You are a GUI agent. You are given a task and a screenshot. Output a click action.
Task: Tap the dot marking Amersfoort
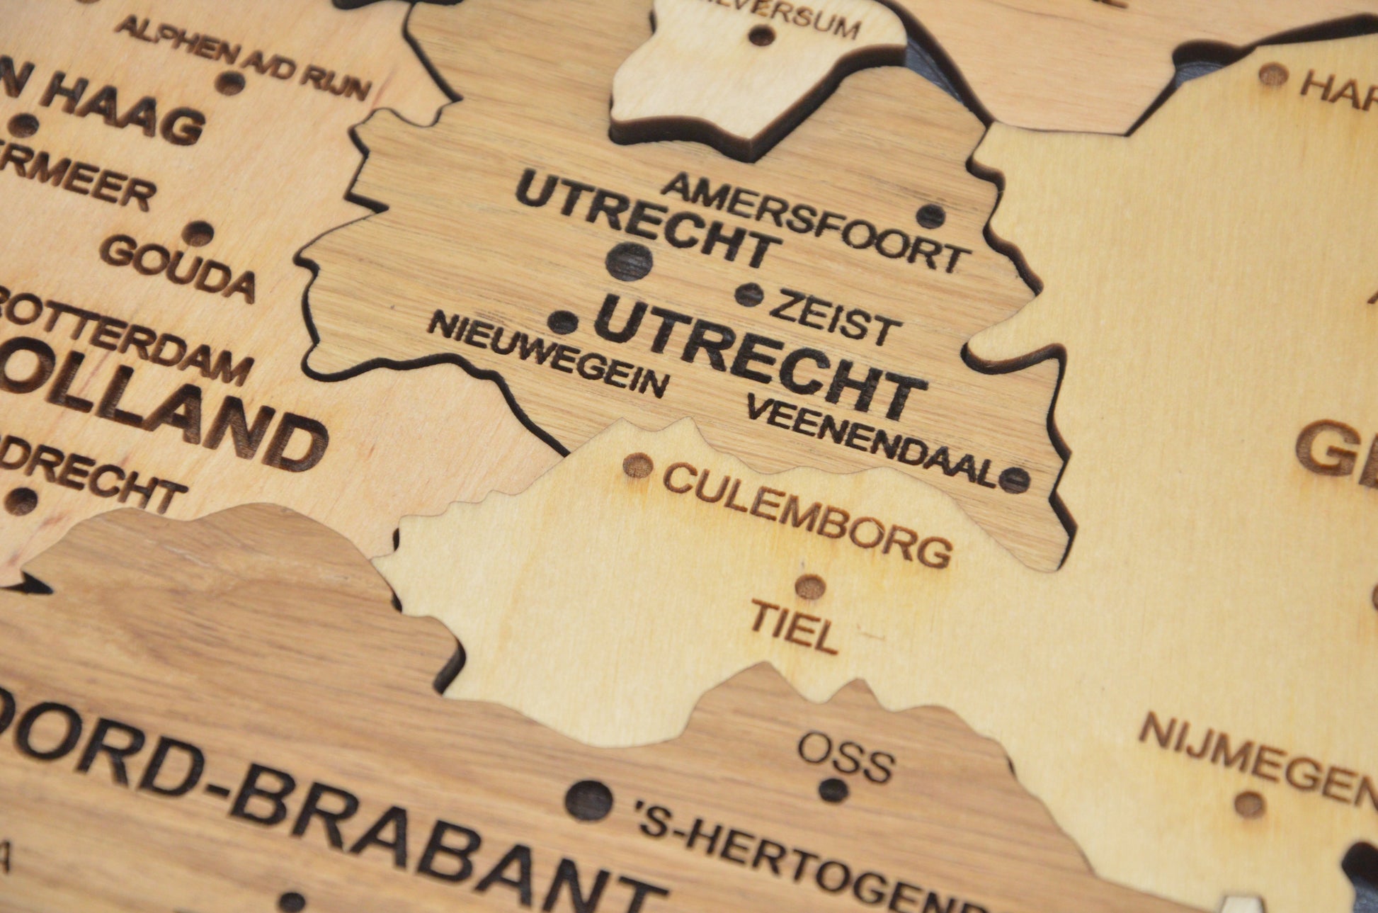(x=930, y=216)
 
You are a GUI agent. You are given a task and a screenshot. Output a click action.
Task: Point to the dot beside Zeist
(x=749, y=294)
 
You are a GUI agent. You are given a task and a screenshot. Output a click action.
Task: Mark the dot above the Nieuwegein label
(x=563, y=322)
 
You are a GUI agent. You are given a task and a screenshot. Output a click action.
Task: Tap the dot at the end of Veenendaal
(x=1013, y=480)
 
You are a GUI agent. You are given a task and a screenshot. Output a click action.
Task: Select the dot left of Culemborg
(x=637, y=465)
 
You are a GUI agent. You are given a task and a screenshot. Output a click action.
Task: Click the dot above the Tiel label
(x=810, y=587)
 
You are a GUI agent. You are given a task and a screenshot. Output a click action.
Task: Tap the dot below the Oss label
(x=833, y=789)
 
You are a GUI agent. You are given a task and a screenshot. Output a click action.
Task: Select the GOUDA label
(x=178, y=267)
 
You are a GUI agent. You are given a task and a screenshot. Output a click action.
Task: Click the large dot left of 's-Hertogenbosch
(x=588, y=800)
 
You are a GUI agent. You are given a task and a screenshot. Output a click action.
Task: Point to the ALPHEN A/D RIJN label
(x=243, y=59)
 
